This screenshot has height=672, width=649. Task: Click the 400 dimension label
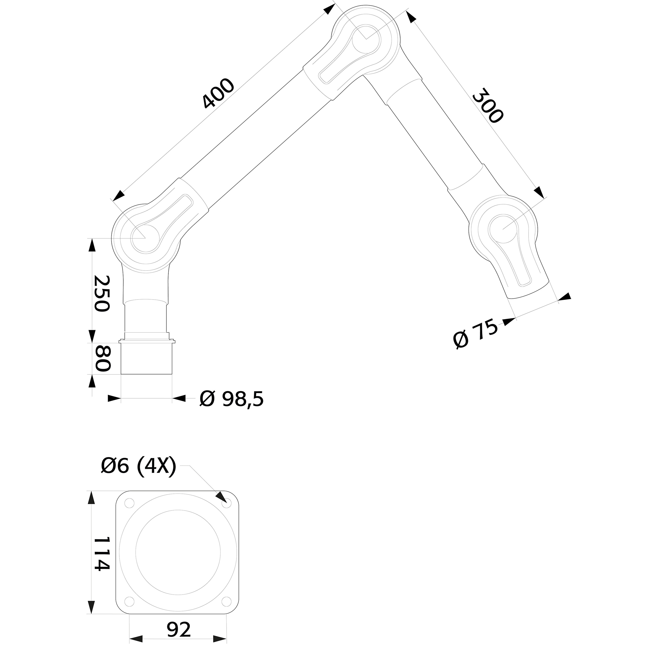(218, 94)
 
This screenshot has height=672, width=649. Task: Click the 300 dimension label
(488, 105)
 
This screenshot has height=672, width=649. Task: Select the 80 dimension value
(102, 358)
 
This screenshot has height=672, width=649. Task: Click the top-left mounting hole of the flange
(129, 503)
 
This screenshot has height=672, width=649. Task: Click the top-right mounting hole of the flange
(226, 505)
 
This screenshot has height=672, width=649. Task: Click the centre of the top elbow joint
(366, 39)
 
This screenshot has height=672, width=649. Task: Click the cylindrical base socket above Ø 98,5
(147, 358)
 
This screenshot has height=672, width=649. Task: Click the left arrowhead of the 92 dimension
(136, 649)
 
